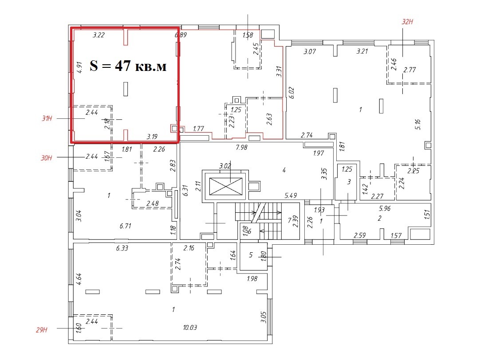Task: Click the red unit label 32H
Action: click(x=407, y=22)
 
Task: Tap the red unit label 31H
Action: click(x=47, y=118)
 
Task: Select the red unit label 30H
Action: click(x=47, y=158)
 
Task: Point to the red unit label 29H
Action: click(x=41, y=330)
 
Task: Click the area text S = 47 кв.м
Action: click(x=128, y=66)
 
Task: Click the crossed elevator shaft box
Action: click(x=226, y=186)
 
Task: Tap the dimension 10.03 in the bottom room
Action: click(x=190, y=327)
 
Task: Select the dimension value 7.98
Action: click(x=241, y=147)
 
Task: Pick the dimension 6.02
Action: click(x=291, y=92)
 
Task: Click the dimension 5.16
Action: click(x=417, y=124)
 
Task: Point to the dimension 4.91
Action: click(x=79, y=67)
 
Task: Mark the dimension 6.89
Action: click(x=181, y=35)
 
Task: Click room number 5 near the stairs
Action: click(x=251, y=255)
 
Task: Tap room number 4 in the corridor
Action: click(x=284, y=170)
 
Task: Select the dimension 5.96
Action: click(x=385, y=208)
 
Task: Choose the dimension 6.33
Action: click(x=122, y=248)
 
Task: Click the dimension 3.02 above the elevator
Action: click(x=225, y=166)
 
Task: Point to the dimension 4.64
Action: click(x=79, y=279)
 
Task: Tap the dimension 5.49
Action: click(x=291, y=196)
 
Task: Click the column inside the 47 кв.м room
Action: click(x=126, y=89)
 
